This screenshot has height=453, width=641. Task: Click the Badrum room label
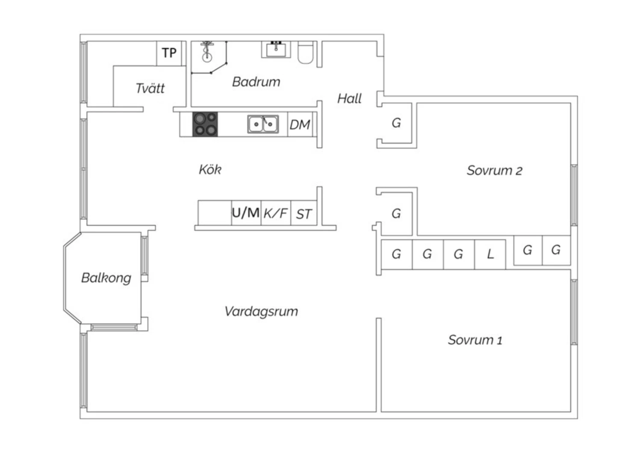click(256, 82)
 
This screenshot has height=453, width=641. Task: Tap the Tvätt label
click(150, 88)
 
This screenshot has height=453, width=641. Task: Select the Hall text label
click(349, 99)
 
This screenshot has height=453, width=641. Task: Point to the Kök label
click(210, 170)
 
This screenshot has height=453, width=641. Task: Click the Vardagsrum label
click(261, 311)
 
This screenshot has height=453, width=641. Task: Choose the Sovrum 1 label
click(475, 340)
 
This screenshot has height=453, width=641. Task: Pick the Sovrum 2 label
click(494, 171)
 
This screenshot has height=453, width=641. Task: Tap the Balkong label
click(106, 278)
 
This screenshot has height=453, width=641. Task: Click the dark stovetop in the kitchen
click(205, 124)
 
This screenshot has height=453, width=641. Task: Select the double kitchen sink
click(263, 124)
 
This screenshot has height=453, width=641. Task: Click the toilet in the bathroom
click(306, 53)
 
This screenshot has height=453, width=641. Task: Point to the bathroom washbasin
click(276, 50)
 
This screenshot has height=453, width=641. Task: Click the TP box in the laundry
click(169, 53)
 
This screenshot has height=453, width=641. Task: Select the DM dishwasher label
click(300, 125)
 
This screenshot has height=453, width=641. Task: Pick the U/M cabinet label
click(246, 212)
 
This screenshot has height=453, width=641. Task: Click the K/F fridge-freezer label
click(276, 213)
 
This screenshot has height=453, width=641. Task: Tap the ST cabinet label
click(304, 214)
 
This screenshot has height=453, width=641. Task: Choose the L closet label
click(490, 254)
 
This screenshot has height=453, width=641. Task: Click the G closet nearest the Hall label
click(396, 123)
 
